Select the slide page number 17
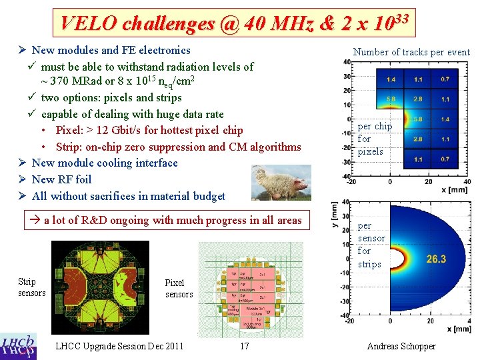pyautogui.click(x=245, y=346)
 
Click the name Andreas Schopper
pyautogui.click(x=401, y=346)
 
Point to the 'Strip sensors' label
pyautogui.click(x=31, y=287)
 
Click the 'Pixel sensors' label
pyautogui.click(x=179, y=289)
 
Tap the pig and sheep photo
pyautogui.click(x=281, y=183)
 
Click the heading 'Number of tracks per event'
pyautogui.click(x=411, y=52)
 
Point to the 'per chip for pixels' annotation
pyautogui.click(x=375, y=139)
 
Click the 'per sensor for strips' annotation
pyautogui.click(x=371, y=245)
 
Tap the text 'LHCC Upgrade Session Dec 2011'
pyautogui.click(x=120, y=346)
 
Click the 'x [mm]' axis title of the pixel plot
pyautogui.click(x=457, y=190)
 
